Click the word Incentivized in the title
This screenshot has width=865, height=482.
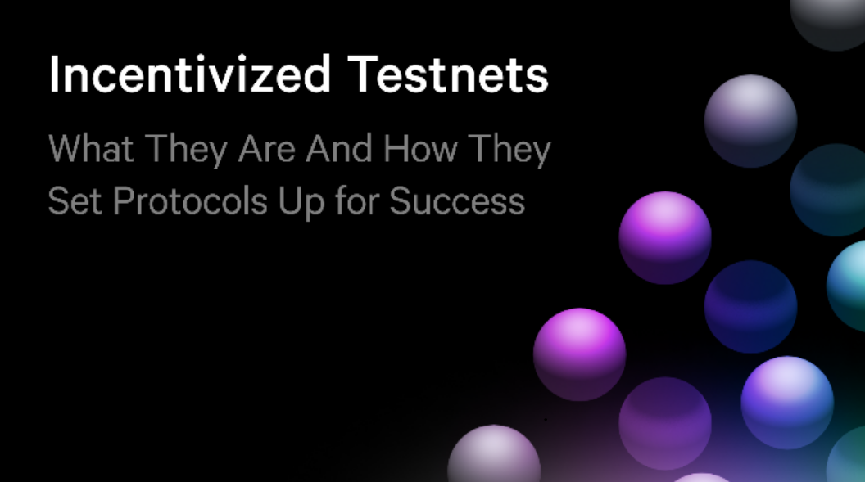190,74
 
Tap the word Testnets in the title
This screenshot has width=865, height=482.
448,74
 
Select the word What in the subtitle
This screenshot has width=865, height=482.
91,148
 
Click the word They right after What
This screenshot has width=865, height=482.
187,151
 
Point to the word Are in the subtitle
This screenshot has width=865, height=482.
267,148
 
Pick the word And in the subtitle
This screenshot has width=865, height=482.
339,148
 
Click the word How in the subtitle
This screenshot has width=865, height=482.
420,148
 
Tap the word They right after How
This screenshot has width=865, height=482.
509,151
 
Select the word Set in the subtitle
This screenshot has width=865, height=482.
75,200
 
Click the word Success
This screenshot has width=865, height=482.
457,200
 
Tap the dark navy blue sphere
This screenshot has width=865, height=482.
750,306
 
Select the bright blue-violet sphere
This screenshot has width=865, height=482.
787,403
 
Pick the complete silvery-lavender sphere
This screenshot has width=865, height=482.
750,121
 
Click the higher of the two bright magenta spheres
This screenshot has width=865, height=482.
665,238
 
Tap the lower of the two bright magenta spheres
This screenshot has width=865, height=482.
579,354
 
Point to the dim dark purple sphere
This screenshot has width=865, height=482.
665,423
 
